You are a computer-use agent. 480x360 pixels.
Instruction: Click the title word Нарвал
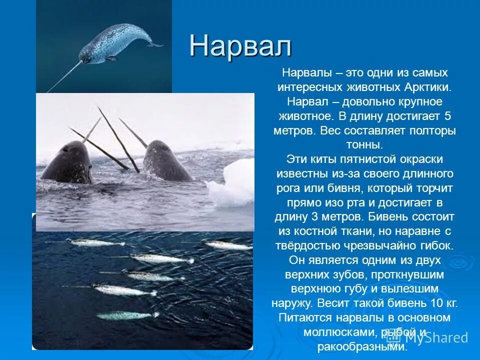tap(240, 46)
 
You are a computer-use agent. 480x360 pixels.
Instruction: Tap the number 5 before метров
tap(447, 116)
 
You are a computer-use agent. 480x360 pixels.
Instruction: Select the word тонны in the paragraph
tap(364, 145)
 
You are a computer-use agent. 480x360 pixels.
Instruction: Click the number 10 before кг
tap(436, 303)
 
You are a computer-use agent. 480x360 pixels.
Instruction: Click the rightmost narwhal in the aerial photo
tap(227, 245)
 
